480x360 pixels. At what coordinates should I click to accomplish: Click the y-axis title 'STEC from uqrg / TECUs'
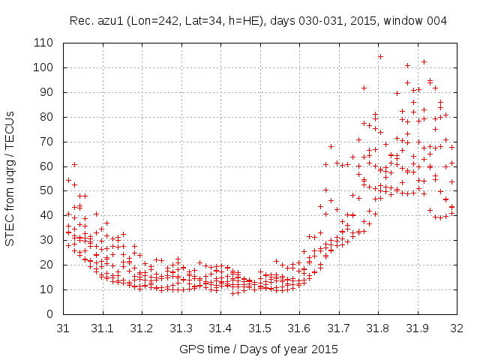[x=10, y=178]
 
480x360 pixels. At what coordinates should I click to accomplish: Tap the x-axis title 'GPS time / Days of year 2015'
[x=258, y=349]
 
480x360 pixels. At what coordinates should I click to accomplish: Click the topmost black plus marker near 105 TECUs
[x=380, y=56]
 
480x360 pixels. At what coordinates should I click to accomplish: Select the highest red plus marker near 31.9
[x=424, y=61]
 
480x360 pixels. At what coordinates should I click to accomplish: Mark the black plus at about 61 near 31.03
[x=74, y=164]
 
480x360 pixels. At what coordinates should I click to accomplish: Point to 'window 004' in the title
[x=419, y=21]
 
